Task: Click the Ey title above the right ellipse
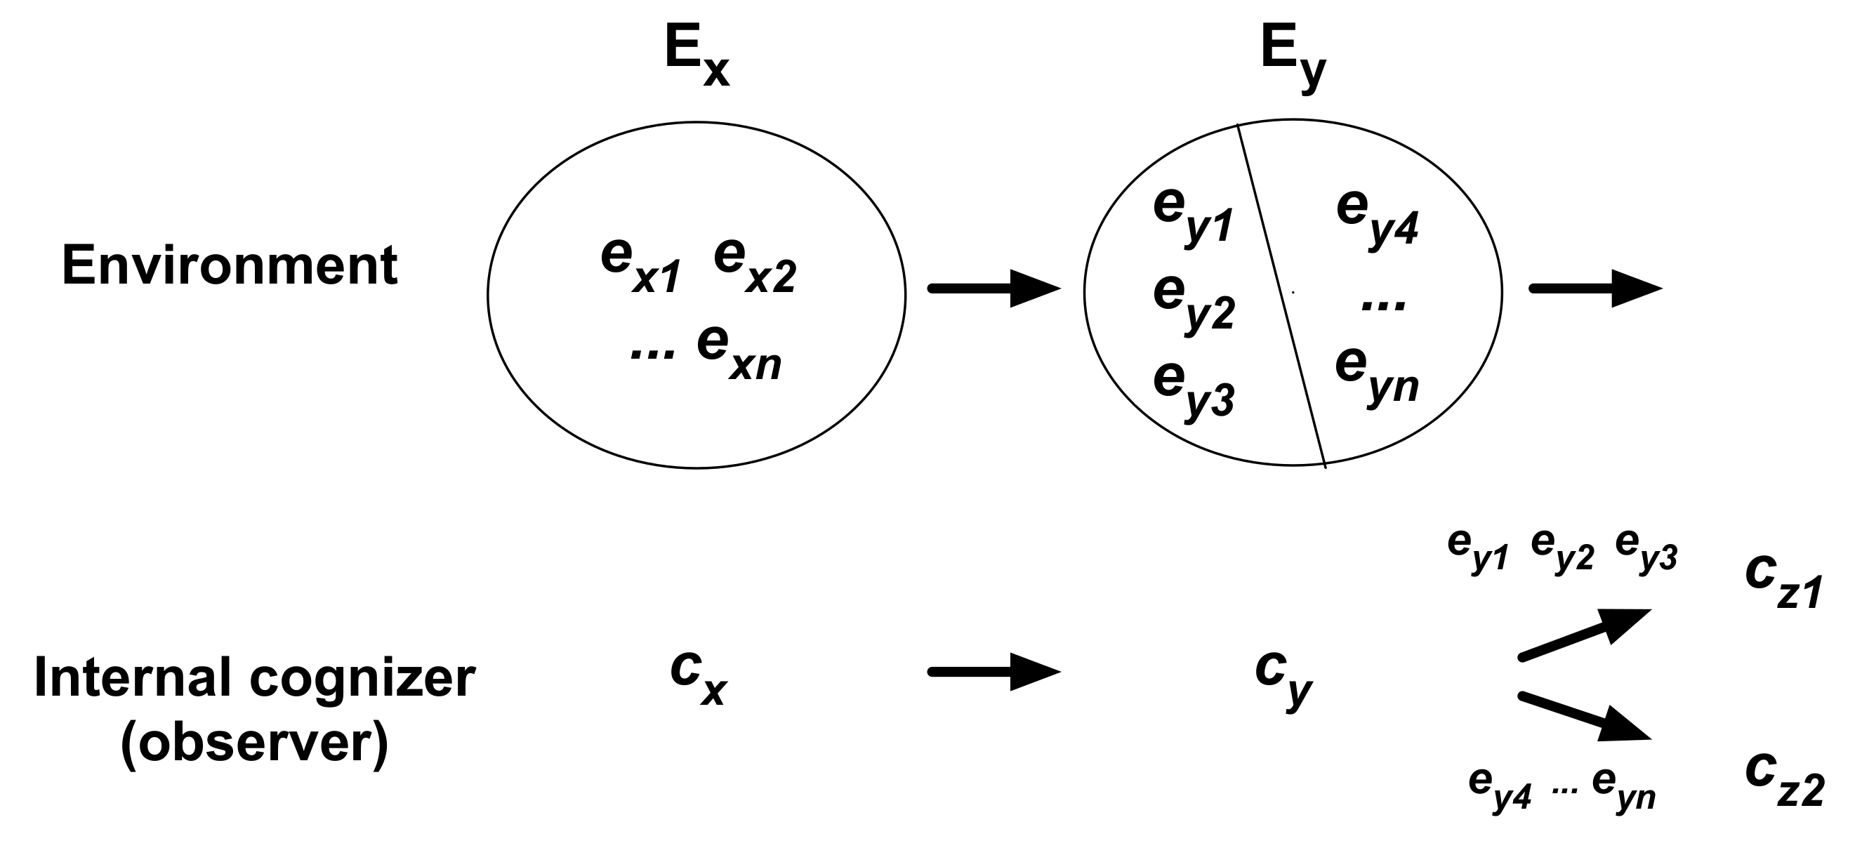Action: point(1293,58)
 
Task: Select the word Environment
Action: point(230,266)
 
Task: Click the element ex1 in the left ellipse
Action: point(640,267)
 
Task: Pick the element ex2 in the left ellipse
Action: point(755,267)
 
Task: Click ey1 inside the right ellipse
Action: point(1193,217)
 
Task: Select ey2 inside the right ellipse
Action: point(1194,304)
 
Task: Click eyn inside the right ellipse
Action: point(1376,376)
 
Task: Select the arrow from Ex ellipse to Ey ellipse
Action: point(993,289)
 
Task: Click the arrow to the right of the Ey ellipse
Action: point(1595,289)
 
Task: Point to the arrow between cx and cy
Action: point(993,673)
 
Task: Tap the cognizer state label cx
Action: point(698,676)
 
